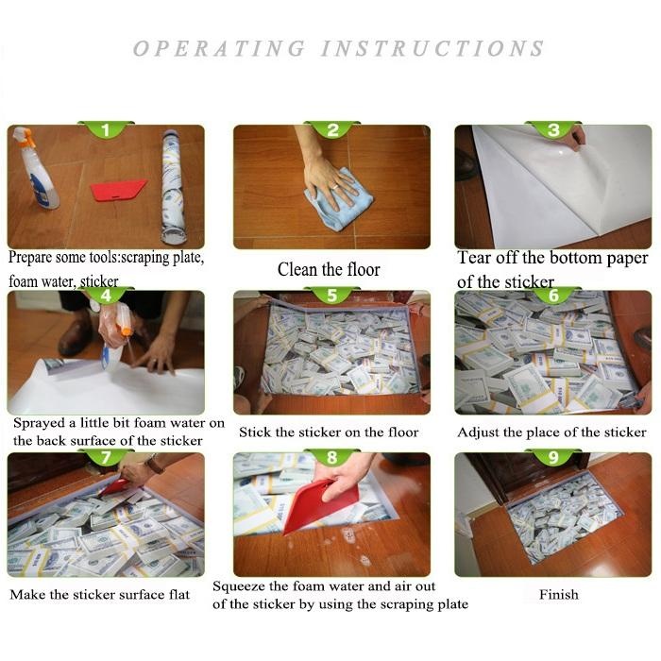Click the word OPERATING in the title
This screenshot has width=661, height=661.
(x=219, y=48)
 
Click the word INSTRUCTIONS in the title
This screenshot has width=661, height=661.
(x=432, y=48)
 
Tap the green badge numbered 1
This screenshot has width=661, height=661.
(x=106, y=129)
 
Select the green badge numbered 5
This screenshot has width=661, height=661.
(x=331, y=295)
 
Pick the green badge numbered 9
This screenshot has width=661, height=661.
(x=553, y=457)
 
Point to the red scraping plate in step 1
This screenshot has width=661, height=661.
(x=118, y=190)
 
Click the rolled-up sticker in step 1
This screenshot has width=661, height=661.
(x=174, y=187)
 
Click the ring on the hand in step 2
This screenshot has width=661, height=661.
(x=334, y=186)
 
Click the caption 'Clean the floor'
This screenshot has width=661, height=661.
(x=329, y=269)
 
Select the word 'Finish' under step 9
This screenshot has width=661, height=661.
(x=559, y=594)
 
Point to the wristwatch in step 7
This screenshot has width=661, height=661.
(x=155, y=464)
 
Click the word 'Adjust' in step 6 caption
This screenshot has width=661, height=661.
(x=477, y=432)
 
